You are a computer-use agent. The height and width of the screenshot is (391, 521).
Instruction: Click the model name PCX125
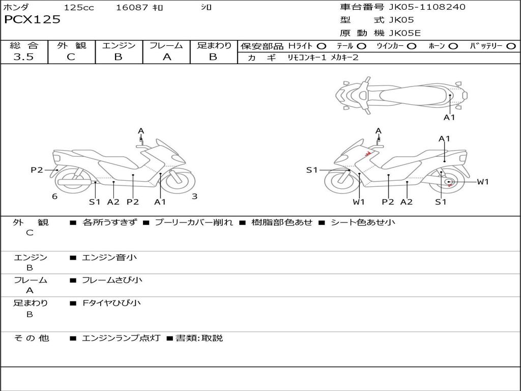tap(32, 20)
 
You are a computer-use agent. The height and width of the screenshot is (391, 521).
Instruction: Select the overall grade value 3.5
tap(23, 57)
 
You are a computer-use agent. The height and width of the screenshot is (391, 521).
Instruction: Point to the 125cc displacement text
tap(79, 8)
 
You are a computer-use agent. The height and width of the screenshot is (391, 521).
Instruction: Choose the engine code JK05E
tap(405, 34)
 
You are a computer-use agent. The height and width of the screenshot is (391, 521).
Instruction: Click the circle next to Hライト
tap(322, 46)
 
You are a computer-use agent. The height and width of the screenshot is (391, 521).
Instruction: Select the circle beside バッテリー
tap(511, 46)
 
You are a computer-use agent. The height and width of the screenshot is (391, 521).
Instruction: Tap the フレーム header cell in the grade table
tap(166, 45)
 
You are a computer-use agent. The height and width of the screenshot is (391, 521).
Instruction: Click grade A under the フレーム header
tap(166, 57)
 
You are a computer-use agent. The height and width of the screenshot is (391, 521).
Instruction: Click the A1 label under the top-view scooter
tap(449, 118)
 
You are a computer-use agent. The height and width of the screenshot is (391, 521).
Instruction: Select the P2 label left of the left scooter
tap(37, 170)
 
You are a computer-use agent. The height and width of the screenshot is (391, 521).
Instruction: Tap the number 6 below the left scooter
tap(54, 197)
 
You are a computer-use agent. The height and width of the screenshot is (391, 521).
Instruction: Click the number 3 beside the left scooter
tap(194, 197)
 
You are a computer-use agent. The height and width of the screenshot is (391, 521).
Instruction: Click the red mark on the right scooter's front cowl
tap(365, 155)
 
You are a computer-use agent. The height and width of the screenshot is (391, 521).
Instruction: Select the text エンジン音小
tap(109, 258)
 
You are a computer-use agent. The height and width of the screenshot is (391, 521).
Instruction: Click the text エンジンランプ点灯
tap(121, 338)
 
